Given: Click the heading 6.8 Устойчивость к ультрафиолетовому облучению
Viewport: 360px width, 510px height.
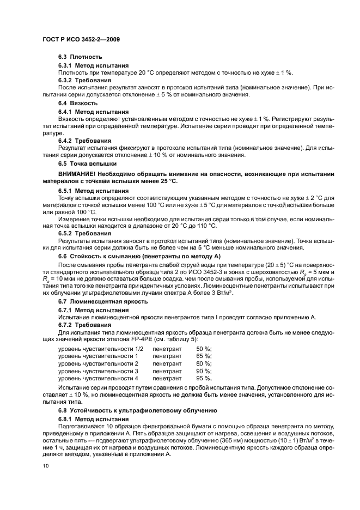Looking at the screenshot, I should click(138, 410).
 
